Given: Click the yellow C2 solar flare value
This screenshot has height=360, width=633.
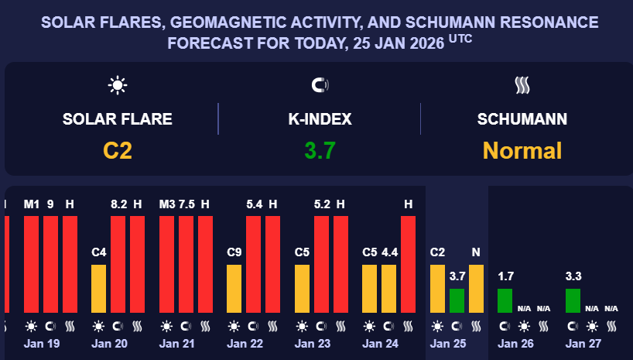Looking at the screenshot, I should tap(118, 150).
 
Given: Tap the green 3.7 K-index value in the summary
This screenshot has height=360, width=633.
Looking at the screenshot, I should tap(320, 150).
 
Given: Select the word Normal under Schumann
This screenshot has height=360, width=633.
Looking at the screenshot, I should tap(522, 150).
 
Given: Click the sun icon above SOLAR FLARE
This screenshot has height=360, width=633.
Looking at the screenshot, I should tap(118, 85).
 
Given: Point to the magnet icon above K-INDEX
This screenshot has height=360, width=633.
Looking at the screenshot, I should tap(320, 85).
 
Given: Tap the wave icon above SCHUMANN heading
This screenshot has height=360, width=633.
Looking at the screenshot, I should tap(522, 85).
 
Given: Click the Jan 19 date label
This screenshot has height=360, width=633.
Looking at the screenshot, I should tap(43, 343).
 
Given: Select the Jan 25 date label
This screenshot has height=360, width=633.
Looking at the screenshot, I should tap(449, 343).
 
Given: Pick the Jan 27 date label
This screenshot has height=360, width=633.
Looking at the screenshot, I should tap(584, 343).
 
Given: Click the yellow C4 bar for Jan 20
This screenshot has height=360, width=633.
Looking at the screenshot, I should tap(99, 288).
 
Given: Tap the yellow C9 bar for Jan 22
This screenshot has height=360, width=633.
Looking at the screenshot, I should tap(234, 288).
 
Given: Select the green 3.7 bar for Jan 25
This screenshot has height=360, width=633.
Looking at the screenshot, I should tap(457, 300).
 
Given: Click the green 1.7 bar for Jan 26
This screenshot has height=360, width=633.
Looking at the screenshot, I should tap(505, 300).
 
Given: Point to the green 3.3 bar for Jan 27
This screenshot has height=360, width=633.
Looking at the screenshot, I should tap(573, 300).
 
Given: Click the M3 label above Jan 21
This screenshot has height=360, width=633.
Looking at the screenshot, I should tap(167, 204).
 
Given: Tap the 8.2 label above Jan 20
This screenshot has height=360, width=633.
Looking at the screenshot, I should tap(119, 204).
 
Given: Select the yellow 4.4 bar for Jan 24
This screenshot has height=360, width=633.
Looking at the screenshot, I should tap(389, 288).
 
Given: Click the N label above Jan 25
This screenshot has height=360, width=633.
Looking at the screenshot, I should tap(476, 252).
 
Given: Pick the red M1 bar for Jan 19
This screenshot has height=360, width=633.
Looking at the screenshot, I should tap(31, 263).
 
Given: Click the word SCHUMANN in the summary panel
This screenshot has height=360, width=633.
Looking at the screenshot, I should tap(522, 119).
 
